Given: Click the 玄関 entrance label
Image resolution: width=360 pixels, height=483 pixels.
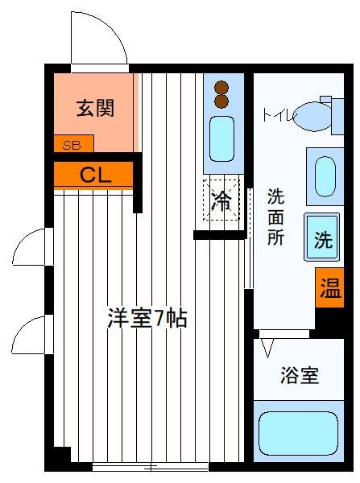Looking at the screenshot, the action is click(95, 108).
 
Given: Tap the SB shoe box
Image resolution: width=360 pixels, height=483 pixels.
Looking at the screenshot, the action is click(73, 143).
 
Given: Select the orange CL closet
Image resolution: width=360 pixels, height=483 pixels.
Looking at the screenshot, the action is click(93, 175).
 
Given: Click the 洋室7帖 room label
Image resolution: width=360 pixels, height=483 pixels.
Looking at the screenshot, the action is click(147, 318).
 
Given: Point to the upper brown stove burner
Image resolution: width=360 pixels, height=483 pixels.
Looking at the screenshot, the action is click(221, 88).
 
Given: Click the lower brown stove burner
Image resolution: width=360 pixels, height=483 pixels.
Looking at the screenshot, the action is click(221, 101).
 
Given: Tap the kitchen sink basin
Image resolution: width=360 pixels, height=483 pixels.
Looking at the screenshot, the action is click(221, 138).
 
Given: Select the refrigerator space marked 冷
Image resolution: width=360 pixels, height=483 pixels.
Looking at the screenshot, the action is click(221, 200).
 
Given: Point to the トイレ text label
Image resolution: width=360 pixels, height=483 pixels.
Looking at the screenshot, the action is click(279, 115).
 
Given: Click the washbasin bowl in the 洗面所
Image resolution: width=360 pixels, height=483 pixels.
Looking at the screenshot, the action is click(325, 176).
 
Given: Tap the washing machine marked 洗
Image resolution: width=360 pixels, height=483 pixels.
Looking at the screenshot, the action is click(322, 237).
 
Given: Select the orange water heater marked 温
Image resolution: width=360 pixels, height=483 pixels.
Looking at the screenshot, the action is click(329, 287).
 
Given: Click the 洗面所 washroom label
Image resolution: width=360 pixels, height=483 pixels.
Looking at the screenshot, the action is click(275, 217).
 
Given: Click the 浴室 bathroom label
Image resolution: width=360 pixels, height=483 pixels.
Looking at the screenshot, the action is click(300, 375).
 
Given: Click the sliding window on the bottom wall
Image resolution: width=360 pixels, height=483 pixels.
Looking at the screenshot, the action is click(151, 467).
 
